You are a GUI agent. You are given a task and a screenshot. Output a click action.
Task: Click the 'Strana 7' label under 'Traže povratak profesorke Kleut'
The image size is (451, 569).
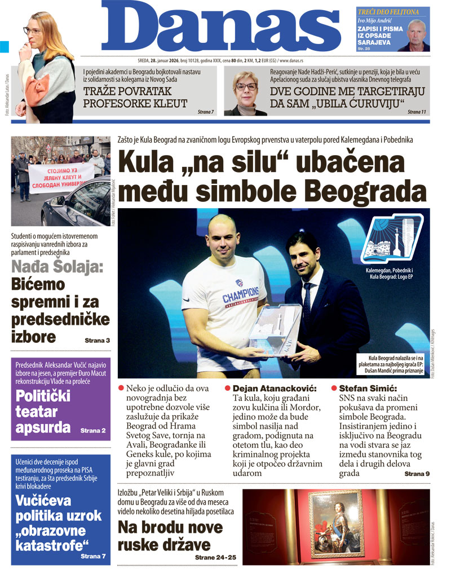[206, 112]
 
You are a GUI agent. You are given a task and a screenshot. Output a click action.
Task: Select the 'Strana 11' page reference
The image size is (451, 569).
[417, 112]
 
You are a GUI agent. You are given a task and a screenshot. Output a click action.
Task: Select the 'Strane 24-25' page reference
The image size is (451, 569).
[215, 558]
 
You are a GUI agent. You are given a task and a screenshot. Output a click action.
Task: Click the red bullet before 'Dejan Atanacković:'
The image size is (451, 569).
[228, 389]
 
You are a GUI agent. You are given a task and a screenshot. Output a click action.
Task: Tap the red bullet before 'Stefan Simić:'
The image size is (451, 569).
[334, 389]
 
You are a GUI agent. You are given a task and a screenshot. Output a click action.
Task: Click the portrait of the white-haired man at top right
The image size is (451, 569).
[416, 35]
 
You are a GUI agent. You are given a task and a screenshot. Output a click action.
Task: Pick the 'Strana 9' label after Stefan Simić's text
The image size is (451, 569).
[417, 474]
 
